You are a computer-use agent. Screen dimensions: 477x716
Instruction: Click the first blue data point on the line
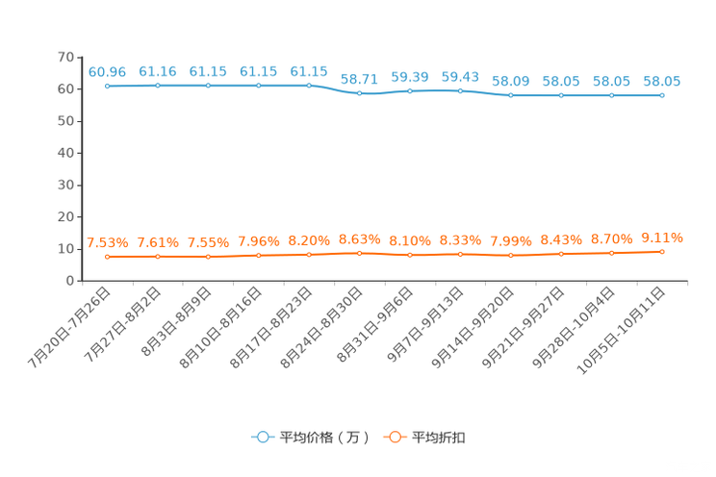tap(107, 86)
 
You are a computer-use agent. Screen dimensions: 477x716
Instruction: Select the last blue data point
tap(662, 95)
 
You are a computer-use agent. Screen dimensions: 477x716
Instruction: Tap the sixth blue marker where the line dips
tap(359, 93)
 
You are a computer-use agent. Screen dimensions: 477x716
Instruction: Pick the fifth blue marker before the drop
tap(309, 86)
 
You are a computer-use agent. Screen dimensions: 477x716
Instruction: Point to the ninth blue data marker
tap(511, 94)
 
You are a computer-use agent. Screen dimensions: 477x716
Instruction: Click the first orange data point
tap(107, 257)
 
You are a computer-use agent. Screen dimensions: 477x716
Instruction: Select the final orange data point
tap(662, 252)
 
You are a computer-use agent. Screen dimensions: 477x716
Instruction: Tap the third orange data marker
tap(208, 257)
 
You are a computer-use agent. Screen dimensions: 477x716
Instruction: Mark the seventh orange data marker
tap(410, 255)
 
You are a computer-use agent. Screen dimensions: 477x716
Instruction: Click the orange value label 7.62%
tap(157, 242)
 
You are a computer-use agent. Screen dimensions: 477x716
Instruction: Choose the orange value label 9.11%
tap(662, 237)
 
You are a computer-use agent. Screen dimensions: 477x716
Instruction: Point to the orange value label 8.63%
tap(359, 238)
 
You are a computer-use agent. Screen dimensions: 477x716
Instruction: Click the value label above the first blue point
tap(107, 71)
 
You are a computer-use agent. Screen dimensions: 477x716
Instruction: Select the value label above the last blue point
tap(662, 81)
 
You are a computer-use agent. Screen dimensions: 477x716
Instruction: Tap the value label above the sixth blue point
tap(359, 78)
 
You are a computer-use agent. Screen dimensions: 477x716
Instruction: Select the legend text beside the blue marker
tap(323, 438)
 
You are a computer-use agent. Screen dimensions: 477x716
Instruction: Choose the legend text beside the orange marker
tap(441, 438)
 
